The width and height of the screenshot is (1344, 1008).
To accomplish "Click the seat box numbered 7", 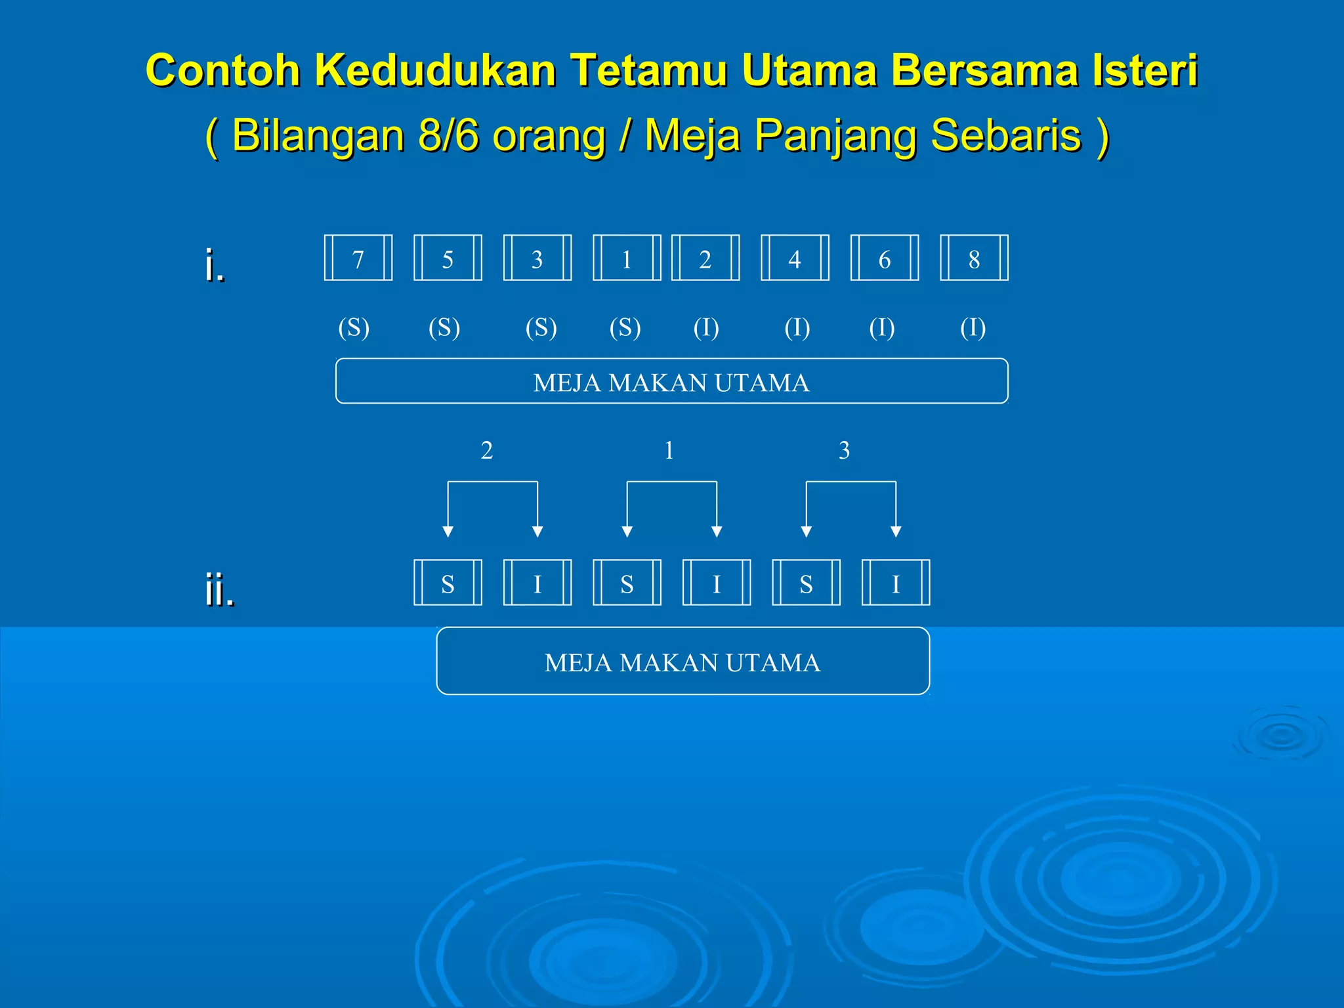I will (358, 258).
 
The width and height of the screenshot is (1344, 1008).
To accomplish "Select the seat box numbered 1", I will (627, 258).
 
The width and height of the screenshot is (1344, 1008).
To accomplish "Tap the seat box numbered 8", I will (974, 258).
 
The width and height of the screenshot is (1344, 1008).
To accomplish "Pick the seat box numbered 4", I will (795, 258).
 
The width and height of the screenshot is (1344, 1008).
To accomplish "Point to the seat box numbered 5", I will (448, 258).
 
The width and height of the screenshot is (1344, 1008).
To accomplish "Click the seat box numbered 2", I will (705, 258).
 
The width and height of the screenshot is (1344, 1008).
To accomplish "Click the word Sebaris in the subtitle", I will (1006, 135).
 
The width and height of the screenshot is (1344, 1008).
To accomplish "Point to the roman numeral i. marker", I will (214, 264).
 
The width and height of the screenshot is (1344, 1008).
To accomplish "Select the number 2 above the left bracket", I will (486, 450).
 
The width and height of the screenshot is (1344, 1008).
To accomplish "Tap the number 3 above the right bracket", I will (844, 450).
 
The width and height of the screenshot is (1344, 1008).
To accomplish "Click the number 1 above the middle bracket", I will (669, 450).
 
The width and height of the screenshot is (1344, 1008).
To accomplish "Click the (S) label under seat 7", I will (354, 327).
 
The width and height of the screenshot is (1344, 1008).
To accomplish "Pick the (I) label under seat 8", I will (973, 327).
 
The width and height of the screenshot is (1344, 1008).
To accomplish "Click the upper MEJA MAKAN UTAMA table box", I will (671, 381).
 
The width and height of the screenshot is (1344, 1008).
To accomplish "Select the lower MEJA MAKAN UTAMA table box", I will (682, 661).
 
